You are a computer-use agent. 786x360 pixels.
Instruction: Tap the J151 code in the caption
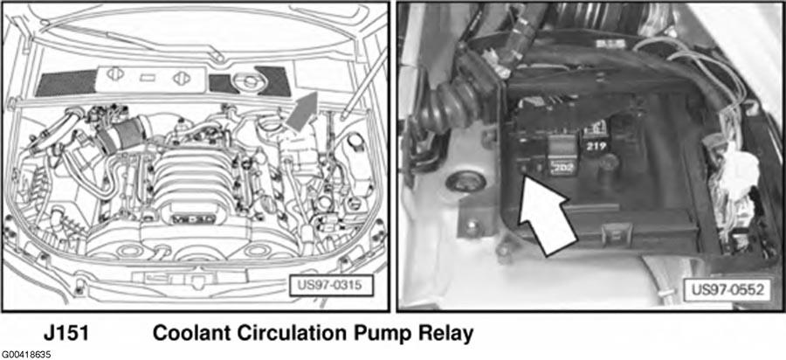pyautogui.click(x=65, y=334)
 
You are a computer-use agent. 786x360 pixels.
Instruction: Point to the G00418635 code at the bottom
pyautogui.click(x=26, y=355)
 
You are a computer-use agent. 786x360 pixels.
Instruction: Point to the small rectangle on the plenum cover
pyautogui.click(x=148, y=78)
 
